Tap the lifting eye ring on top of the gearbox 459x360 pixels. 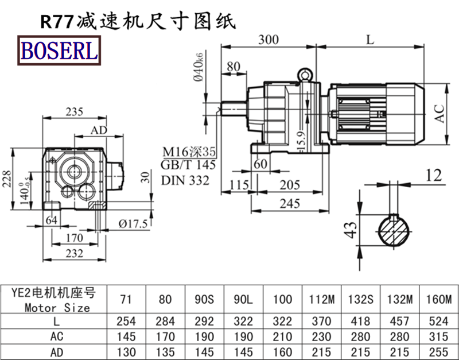304,75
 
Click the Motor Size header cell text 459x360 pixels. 57,307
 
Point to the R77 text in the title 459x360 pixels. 56,22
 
